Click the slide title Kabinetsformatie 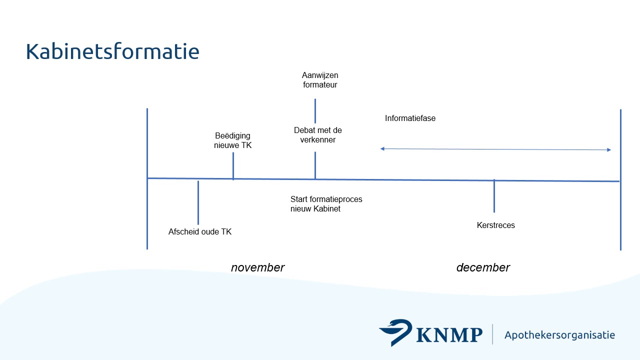point(112,51)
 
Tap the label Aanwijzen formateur point(320,80)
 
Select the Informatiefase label point(410,118)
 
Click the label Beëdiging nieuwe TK point(233,140)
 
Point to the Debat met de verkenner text point(318,135)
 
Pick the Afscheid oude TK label point(200,231)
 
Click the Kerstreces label point(495,225)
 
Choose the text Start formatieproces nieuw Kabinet point(326,204)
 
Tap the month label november point(257,267)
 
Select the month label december point(483,267)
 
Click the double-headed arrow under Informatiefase point(495,149)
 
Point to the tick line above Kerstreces point(494,196)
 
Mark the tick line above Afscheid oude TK point(198,202)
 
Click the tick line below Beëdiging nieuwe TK point(233,165)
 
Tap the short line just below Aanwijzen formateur point(315,110)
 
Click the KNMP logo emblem point(395,332)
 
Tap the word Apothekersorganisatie point(559,335)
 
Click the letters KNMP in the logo point(448,335)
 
